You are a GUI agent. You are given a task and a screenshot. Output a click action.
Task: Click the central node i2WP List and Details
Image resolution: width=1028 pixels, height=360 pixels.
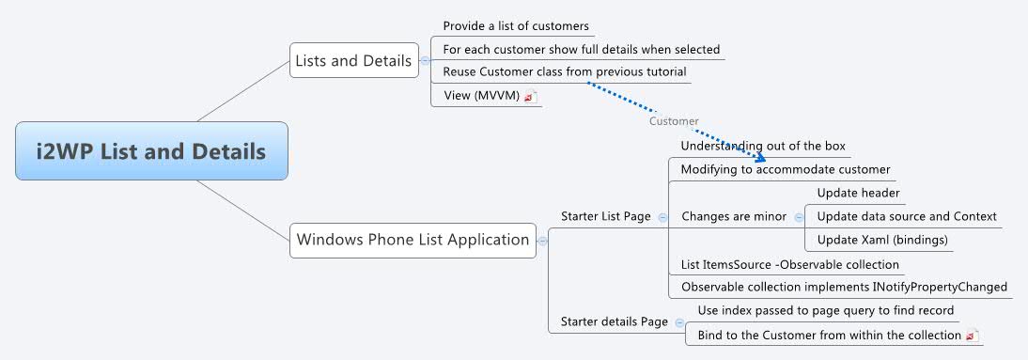[x=151, y=150]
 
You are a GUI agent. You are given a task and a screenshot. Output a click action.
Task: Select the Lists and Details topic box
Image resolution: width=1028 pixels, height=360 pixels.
[x=353, y=61]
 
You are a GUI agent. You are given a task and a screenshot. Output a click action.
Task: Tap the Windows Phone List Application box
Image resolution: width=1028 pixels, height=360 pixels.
[x=413, y=240]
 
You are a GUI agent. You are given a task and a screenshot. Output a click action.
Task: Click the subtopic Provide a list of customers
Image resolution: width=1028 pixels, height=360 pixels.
[x=516, y=26]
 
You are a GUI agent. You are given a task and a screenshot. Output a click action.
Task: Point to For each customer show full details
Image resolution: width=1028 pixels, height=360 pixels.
[x=581, y=49]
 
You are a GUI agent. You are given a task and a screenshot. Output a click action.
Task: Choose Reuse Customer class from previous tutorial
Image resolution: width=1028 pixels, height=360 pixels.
[x=564, y=71]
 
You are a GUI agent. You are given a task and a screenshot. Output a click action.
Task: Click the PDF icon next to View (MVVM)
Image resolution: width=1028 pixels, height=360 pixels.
[x=531, y=96]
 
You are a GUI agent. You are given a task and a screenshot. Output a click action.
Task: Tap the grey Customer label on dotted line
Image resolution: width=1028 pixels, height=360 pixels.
[x=674, y=121]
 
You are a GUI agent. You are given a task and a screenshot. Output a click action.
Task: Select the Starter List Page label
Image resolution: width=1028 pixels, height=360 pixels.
[x=605, y=216]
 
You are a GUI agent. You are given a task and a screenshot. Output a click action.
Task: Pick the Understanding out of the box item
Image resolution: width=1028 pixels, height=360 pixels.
[x=763, y=147]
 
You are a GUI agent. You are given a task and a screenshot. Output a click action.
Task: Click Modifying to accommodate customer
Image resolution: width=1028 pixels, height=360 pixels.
[x=785, y=170]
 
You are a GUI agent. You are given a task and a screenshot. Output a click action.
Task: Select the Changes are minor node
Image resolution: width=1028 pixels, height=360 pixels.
[x=734, y=216]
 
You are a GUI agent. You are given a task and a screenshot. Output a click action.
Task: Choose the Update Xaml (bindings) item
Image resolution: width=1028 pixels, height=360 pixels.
[x=882, y=240]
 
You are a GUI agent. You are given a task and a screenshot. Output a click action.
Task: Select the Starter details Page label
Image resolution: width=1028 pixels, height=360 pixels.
[x=614, y=321]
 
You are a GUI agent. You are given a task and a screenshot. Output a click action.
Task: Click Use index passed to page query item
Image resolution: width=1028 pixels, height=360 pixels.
[x=825, y=310]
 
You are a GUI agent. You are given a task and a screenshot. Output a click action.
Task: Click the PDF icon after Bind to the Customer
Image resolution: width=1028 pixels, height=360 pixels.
[x=972, y=336]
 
